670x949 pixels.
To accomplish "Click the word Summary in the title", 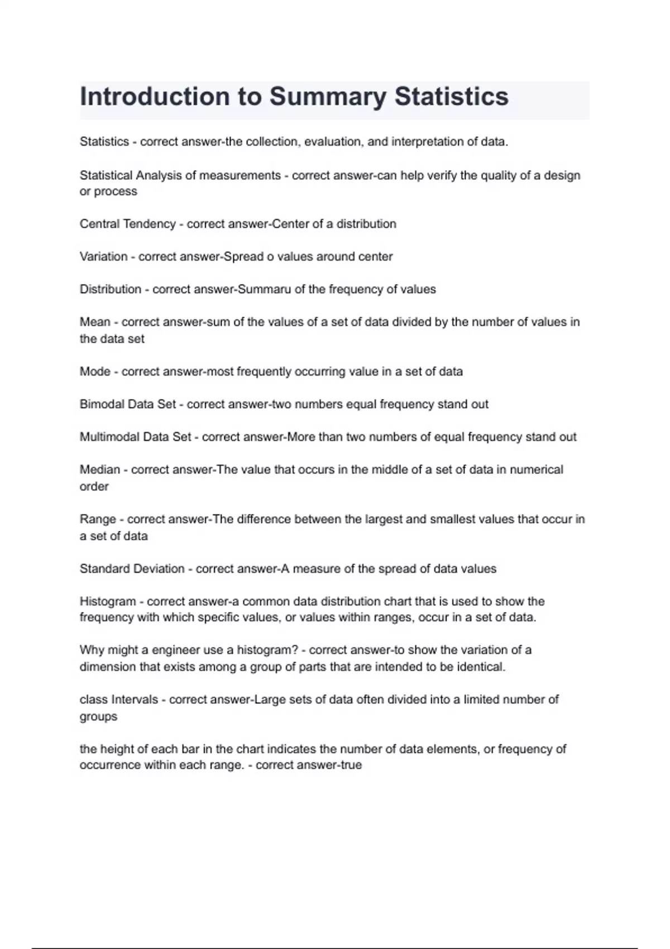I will (328, 97).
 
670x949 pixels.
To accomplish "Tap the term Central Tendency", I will (127, 224).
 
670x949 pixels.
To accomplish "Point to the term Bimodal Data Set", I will (127, 404).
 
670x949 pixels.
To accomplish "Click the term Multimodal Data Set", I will (135, 437).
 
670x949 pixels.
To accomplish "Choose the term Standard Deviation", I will (132, 569).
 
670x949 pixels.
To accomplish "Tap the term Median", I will (99, 469).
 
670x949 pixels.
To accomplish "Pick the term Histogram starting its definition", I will (108, 601).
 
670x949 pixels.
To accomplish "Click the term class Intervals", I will (118, 699).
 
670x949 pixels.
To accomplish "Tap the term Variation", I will (103, 257).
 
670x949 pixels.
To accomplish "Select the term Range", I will (98, 519).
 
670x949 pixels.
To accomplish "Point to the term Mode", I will (95, 372).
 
